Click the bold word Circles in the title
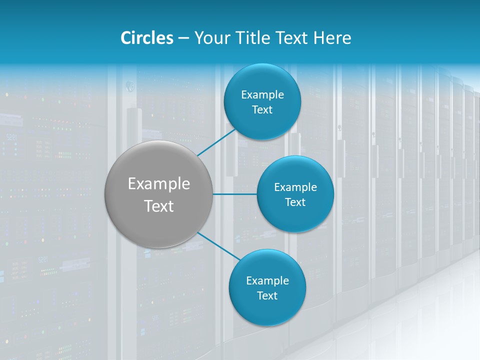pyautogui.click(x=147, y=38)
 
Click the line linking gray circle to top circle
pyautogui.click(x=216, y=142)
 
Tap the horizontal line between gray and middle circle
pyautogui.click(x=235, y=193)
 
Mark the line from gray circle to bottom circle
pyautogui.click(x=218, y=245)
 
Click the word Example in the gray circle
pyautogui.click(x=159, y=184)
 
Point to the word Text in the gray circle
pyautogui.click(x=159, y=206)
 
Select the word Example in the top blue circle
pyautogui.click(x=262, y=94)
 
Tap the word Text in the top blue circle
pyautogui.click(x=262, y=109)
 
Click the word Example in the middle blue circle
pyautogui.click(x=295, y=187)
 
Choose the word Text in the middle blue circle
pyautogui.click(x=295, y=202)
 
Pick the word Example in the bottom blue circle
pyautogui.click(x=267, y=280)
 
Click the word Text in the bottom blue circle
pyautogui.click(x=267, y=295)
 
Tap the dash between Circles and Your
pyautogui.click(x=183, y=38)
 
